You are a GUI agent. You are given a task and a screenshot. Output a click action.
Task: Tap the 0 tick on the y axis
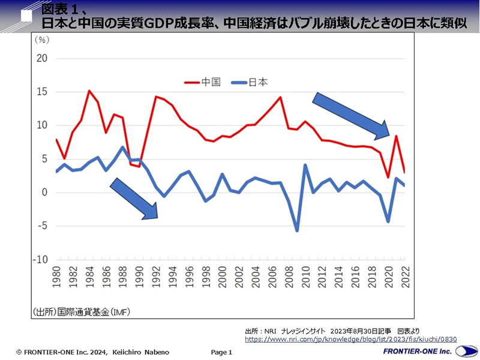(44, 193)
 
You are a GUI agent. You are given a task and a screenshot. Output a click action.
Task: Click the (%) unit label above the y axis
(43, 40)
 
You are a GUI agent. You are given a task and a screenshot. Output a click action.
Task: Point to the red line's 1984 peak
(89, 91)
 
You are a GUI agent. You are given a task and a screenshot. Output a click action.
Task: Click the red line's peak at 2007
(280, 97)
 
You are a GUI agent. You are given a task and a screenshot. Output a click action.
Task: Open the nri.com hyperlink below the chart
(350, 340)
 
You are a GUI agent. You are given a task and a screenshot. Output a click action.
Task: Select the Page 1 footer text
(221, 352)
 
